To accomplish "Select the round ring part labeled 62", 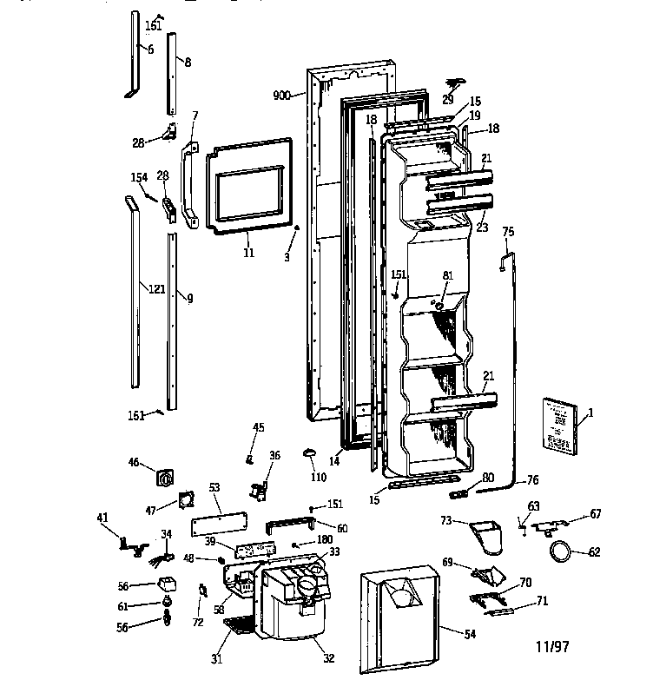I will click(560, 550).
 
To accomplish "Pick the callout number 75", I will click(508, 232).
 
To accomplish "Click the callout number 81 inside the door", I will click(449, 277).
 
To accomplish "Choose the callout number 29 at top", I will click(449, 100).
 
